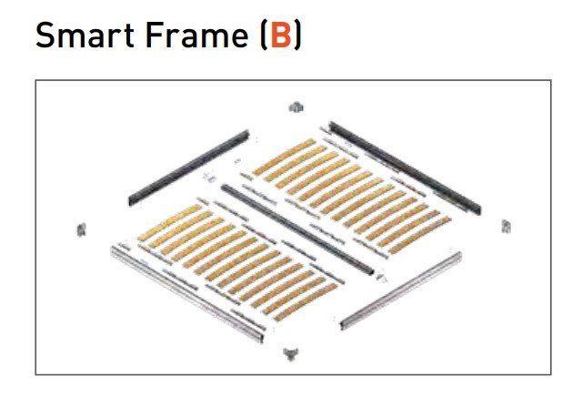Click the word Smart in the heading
(82, 38)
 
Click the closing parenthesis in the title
(297, 38)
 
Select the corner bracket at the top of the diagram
(294, 107)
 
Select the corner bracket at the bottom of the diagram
(291, 351)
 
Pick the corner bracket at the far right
(506, 225)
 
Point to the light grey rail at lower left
(186, 292)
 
